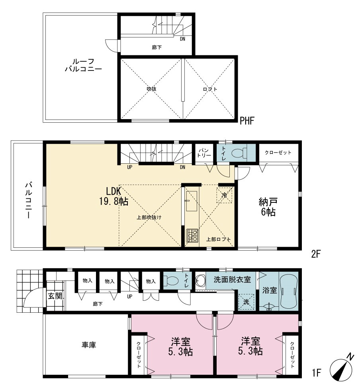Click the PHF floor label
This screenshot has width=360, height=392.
pyautogui.click(x=247, y=121)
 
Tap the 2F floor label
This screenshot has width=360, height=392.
pyautogui.click(x=316, y=254)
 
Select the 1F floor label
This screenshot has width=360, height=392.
pyautogui.click(x=316, y=373)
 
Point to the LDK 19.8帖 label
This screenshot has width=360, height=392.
pyautogui.click(x=114, y=196)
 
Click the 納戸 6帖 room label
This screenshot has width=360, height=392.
pyautogui.click(x=268, y=207)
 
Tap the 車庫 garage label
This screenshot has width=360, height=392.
pyautogui.click(x=89, y=345)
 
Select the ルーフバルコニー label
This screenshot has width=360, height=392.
pyautogui.click(x=84, y=65)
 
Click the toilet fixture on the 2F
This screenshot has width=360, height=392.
pyautogui.click(x=239, y=153)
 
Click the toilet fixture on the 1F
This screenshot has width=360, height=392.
pyautogui.click(x=171, y=280)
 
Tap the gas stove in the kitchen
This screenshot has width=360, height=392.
pyautogui.click(x=192, y=235)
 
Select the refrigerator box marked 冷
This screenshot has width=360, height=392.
pyautogui.click(x=224, y=195)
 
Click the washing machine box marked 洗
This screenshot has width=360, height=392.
pyautogui.click(x=246, y=302)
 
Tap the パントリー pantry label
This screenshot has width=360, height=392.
pyautogui.click(x=204, y=153)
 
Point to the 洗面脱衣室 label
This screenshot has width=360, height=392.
pyautogui.click(x=232, y=280)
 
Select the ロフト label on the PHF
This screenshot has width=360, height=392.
pyautogui.click(x=210, y=89)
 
